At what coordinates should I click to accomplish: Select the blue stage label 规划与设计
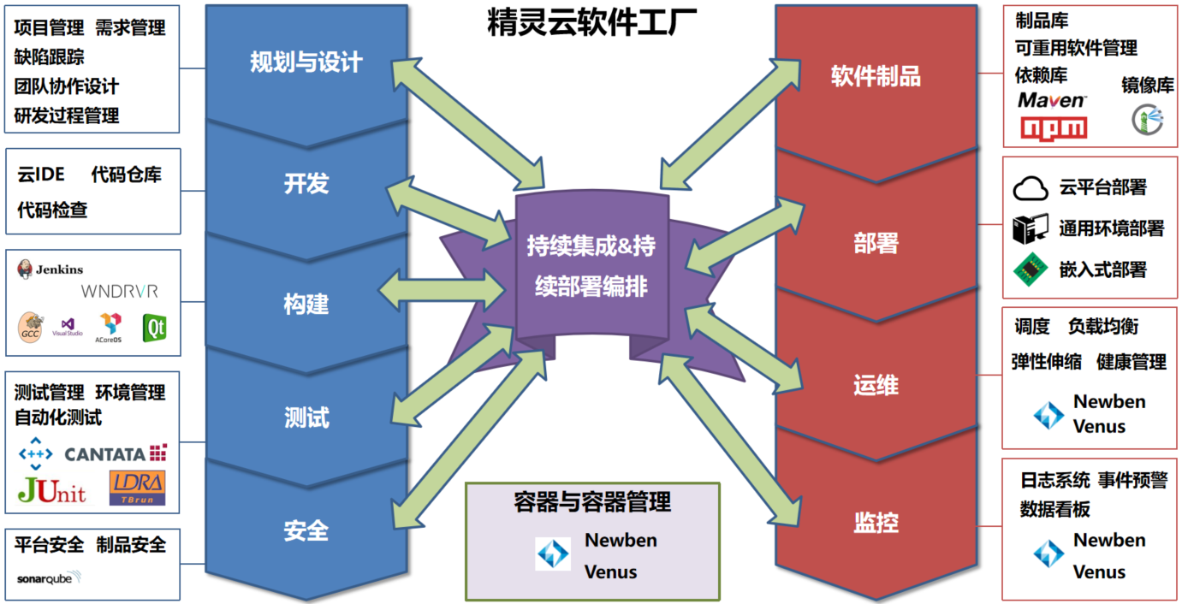click(x=306, y=62)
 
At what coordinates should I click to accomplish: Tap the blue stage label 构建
click(x=306, y=304)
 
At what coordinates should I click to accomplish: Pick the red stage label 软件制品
click(x=876, y=76)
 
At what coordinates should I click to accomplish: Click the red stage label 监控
click(x=876, y=521)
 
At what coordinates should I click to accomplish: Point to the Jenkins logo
click(x=50, y=269)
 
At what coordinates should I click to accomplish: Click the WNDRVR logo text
click(x=119, y=292)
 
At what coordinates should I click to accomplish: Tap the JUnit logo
click(x=51, y=489)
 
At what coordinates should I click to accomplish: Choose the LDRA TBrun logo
click(x=137, y=488)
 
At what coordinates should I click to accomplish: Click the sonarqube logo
click(x=49, y=578)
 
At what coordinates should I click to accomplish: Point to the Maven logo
click(x=1052, y=101)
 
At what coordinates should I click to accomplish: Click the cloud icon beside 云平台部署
click(x=1031, y=188)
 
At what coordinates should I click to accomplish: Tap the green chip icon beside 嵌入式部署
click(x=1031, y=269)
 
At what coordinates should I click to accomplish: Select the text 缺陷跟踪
click(x=50, y=57)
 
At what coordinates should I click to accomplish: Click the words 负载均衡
click(x=1102, y=327)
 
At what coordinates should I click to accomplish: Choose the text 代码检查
click(x=52, y=210)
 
